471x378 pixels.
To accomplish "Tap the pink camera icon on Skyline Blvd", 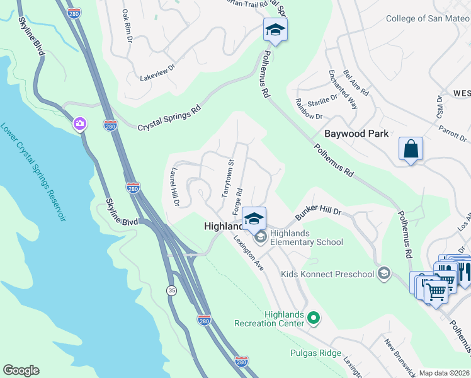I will point(80,123).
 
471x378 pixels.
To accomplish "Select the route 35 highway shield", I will point(171,290).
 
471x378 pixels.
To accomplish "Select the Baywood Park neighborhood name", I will point(356,134).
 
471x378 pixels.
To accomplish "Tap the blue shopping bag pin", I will point(411,150).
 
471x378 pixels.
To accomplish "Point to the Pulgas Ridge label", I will point(315,353).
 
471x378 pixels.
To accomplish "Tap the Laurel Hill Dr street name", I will point(174,187).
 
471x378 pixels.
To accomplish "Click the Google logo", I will point(21,370).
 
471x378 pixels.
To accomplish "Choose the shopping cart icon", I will point(436,290).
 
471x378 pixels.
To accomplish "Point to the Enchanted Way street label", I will point(342,89).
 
